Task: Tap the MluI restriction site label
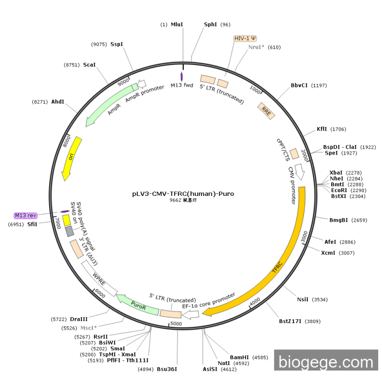pyautogui.click(x=177, y=25)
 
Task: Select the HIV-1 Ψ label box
pyautogui.click(x=245, y=39)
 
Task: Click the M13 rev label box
pyautogui.click(x=25, y=216)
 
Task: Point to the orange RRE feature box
pyautogui.click(x=266, y=111)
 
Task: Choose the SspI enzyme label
pyautogui.click(x=117, y=44)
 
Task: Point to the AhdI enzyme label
pyautogui.click(x=58, y=102)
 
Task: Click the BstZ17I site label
pyautogui.click(x=290, y=321)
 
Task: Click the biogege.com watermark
pyautogui.click(x=326, y=362)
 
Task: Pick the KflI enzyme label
pyautogui.click(x=322, y=129)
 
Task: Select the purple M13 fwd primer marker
pyautogui.click(x=181, y=77)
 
